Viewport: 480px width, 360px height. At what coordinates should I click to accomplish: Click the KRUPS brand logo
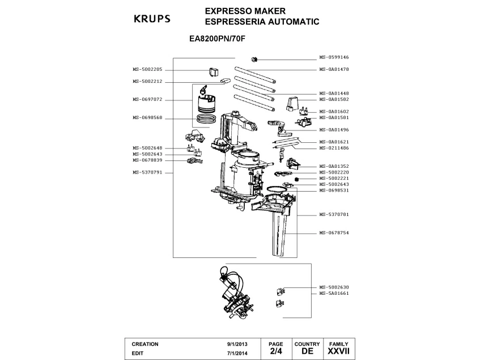tap(151, 18)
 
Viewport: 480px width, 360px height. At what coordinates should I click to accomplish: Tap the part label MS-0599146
tap(334, 57)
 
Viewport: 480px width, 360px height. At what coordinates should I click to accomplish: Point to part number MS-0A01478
tap(334, 69)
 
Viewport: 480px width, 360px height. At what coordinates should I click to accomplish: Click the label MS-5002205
tap(147, 69)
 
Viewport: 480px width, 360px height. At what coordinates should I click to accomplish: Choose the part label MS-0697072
tap(147, 99)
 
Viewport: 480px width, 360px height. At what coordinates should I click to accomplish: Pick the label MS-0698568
tap(147, 118)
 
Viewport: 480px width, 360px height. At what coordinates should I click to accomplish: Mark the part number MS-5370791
tap(147, 172)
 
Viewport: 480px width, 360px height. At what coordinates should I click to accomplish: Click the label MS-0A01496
tap(334, 129)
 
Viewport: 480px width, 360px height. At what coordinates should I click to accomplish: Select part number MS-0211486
tap(334, 148)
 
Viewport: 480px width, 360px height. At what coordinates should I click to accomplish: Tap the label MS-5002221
tap(334, 178)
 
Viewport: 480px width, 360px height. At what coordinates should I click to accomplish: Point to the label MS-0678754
tap(334, 233)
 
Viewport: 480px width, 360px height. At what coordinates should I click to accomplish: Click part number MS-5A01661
tap(334, 294)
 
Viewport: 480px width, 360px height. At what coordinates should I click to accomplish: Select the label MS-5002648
tap(147, 148)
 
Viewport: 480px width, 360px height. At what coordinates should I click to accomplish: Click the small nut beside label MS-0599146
tap(254, 59)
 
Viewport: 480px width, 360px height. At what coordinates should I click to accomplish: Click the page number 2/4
tap(276, 352)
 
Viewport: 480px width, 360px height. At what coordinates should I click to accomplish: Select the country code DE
tap(307, 352)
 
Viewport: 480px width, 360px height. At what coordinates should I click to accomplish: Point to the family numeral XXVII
tap(338, 352)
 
